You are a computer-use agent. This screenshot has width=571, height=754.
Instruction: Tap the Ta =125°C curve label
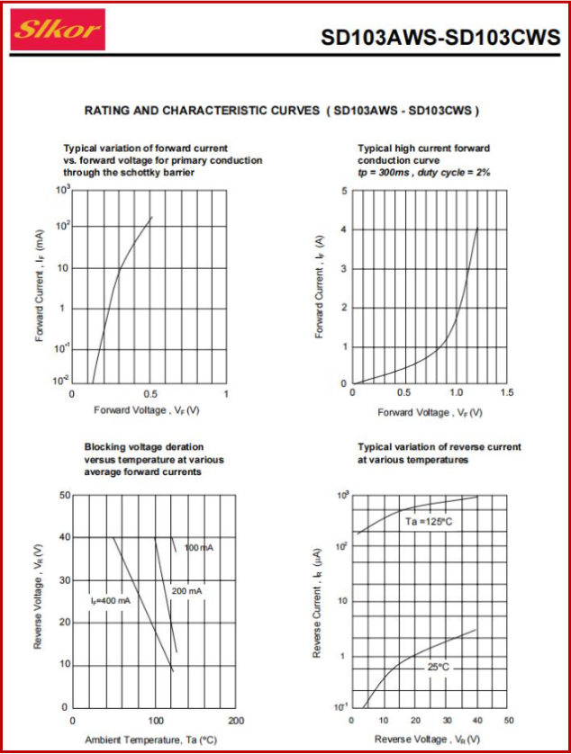430,522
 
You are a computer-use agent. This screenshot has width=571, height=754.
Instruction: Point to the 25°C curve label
438,667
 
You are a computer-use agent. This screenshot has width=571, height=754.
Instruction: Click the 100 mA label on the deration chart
199,547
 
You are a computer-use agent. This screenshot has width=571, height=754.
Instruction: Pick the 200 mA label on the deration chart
187,590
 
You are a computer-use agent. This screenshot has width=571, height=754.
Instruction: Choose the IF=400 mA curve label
110,600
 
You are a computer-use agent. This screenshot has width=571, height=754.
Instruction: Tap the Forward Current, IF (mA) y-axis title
41,285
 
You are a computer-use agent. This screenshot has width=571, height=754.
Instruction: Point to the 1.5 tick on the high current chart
506,393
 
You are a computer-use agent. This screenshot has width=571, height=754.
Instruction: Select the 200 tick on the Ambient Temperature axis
237,721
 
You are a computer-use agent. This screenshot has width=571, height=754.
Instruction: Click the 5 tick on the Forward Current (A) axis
344,191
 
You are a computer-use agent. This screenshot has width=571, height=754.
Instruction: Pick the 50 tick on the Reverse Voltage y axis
65,496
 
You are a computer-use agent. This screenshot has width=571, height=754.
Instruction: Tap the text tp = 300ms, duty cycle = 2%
423,172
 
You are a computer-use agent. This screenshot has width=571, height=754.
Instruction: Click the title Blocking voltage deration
144,446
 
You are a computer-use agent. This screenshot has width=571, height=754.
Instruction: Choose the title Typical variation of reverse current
440,446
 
